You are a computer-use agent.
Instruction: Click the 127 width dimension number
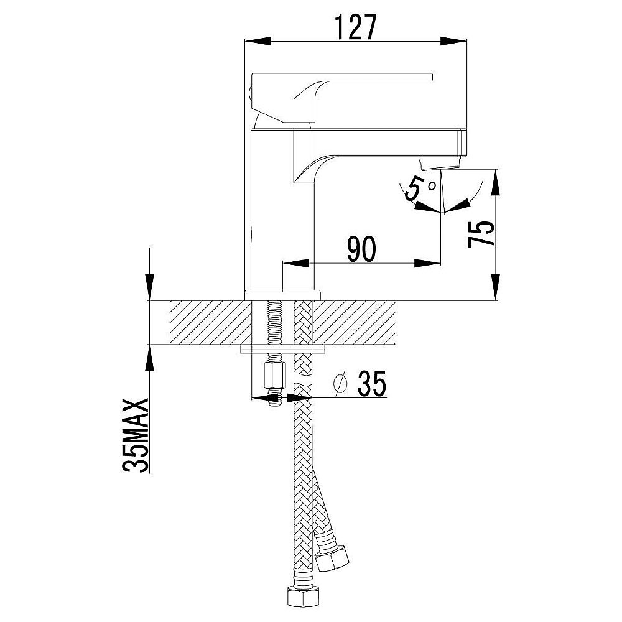(355, 27)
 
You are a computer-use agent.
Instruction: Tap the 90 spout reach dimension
(361, 249)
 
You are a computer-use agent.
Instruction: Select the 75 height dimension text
(481, 234)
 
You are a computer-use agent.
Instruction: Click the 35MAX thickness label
(136, 435)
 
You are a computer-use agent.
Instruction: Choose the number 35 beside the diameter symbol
(372, 384)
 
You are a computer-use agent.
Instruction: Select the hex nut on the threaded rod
(274, 376)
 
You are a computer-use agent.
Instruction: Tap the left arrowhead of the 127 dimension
(258, 41)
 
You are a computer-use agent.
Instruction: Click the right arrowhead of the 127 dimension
(453, 41)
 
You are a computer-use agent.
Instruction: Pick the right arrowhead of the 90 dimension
(427, 263)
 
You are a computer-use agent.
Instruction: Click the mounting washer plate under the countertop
(283, 349)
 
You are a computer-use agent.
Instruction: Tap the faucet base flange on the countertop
(283, 295)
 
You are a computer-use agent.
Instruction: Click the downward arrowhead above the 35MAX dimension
(149, 286)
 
